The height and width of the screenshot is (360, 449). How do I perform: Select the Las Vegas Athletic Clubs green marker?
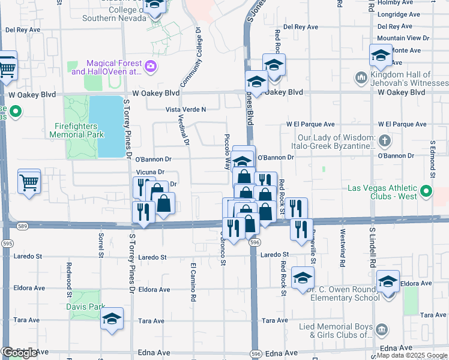pos(426,193)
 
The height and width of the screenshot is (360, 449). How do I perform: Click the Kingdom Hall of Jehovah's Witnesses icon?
pos(361,77)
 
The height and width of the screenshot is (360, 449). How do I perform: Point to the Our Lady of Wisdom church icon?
pos(385,142)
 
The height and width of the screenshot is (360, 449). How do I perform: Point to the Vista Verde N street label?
pos(186,109)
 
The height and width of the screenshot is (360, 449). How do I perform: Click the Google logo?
pos(20,352)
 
